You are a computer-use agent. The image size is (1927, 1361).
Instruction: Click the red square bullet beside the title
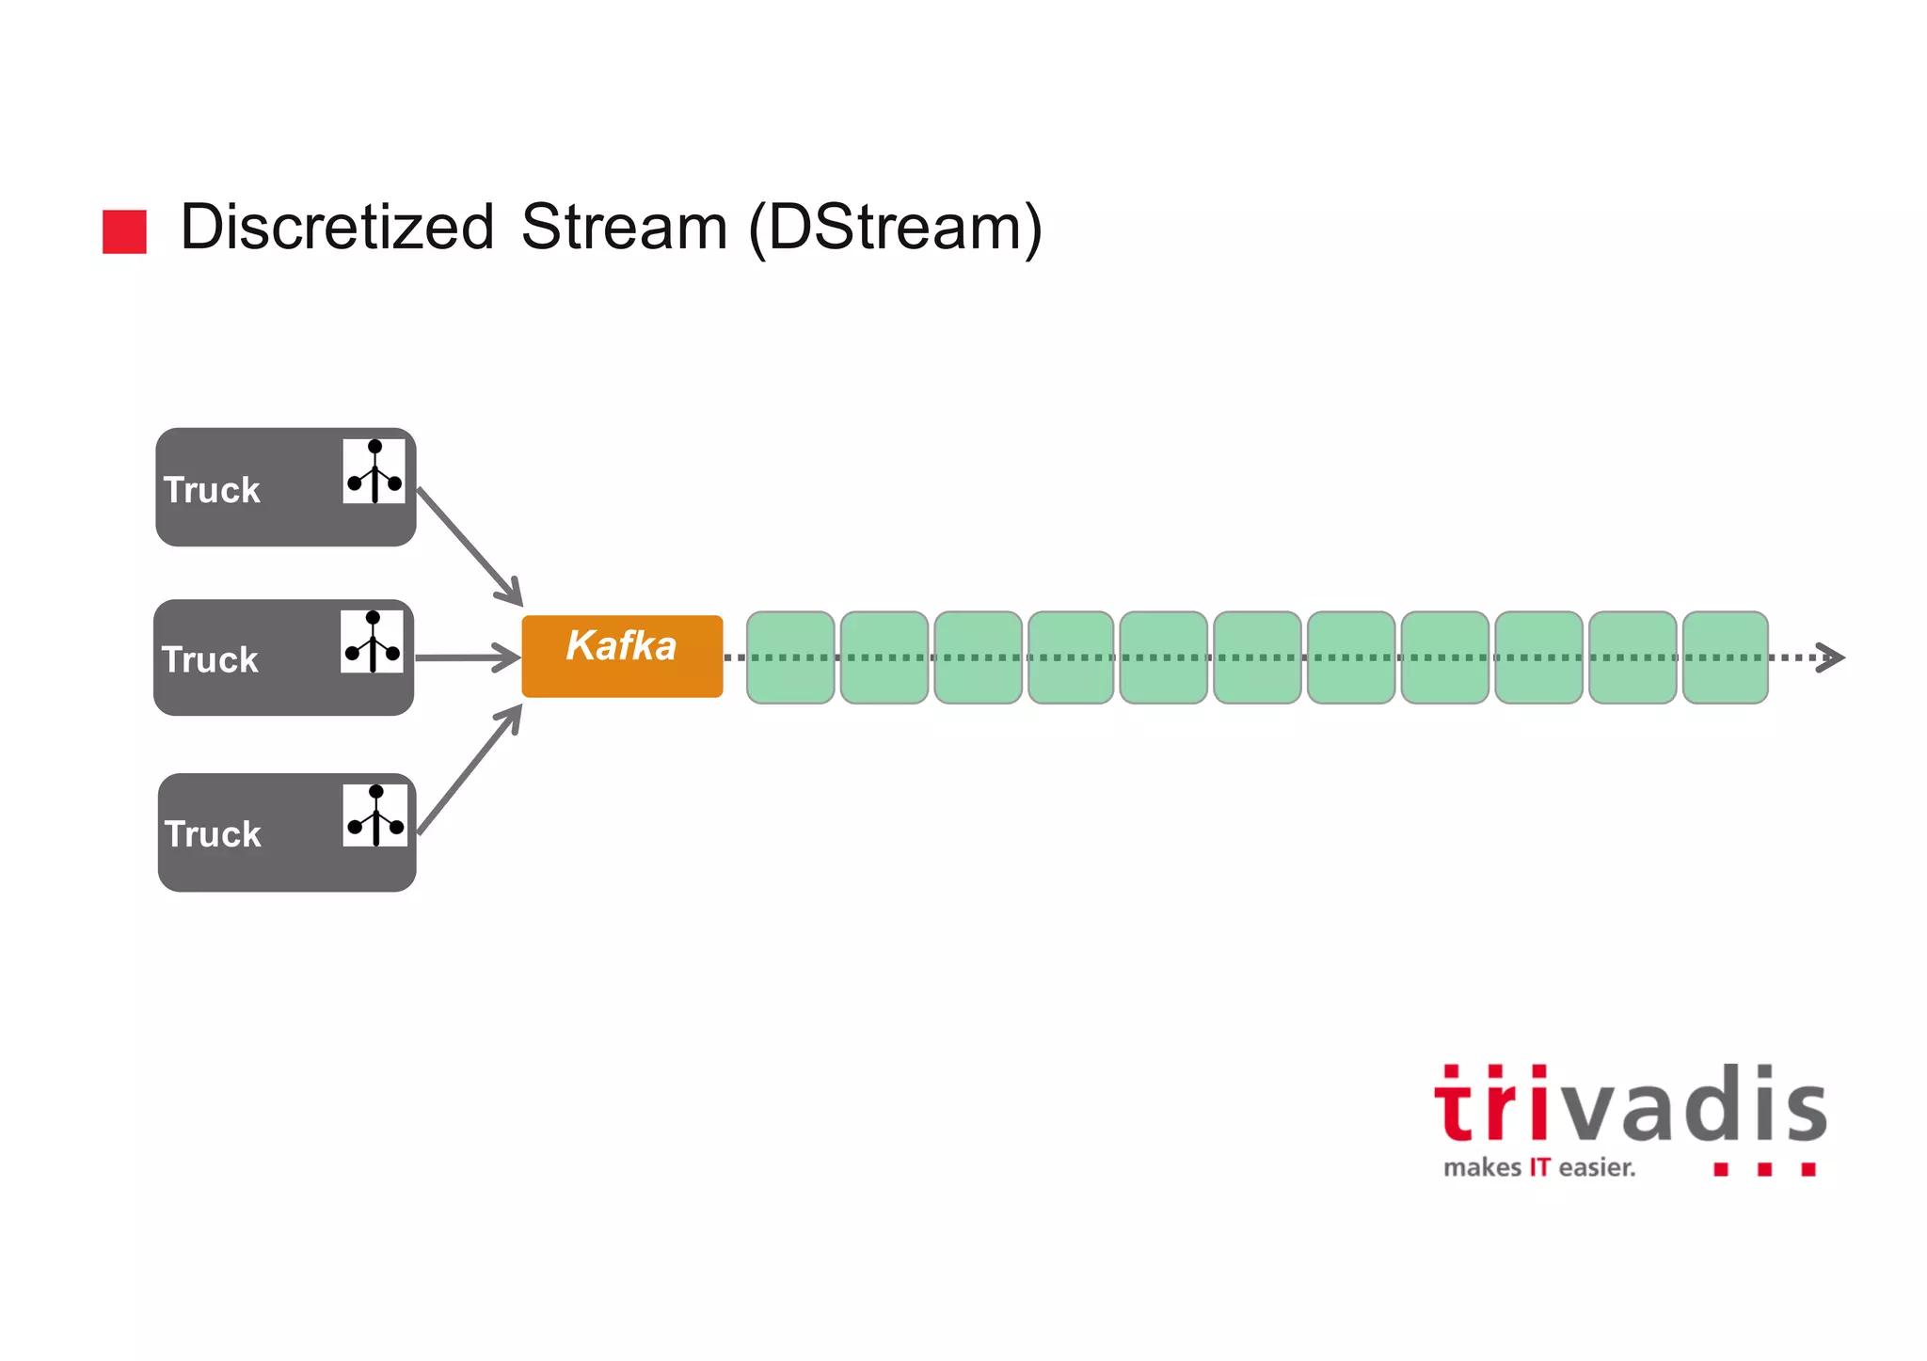coord(124,231)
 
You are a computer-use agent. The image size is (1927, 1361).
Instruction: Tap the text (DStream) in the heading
coord(895,229)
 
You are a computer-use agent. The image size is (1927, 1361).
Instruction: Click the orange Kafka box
coord(622,656)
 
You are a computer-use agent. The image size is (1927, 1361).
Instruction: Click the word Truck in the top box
coord(212,490)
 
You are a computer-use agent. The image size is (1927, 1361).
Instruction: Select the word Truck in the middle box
coord(210,660)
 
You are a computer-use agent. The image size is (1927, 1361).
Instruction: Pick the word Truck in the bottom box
coord(213,834)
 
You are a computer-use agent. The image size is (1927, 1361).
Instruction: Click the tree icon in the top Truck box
coord(374,471)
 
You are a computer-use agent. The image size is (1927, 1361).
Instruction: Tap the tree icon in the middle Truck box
coord(372,641)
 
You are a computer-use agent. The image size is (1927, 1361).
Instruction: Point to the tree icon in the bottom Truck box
coord(374,815)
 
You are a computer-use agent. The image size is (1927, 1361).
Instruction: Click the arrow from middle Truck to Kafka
coord(468,657)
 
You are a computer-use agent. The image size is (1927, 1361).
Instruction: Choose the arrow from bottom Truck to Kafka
coord(469,770)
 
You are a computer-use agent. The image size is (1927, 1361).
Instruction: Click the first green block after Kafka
coord(790,657)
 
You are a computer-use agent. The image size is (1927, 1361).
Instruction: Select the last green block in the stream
coord(1725,657)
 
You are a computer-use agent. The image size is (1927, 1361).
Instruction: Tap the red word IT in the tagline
coord(1539,1168)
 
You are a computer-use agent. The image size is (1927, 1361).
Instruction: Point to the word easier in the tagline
coord(1596,1168)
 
